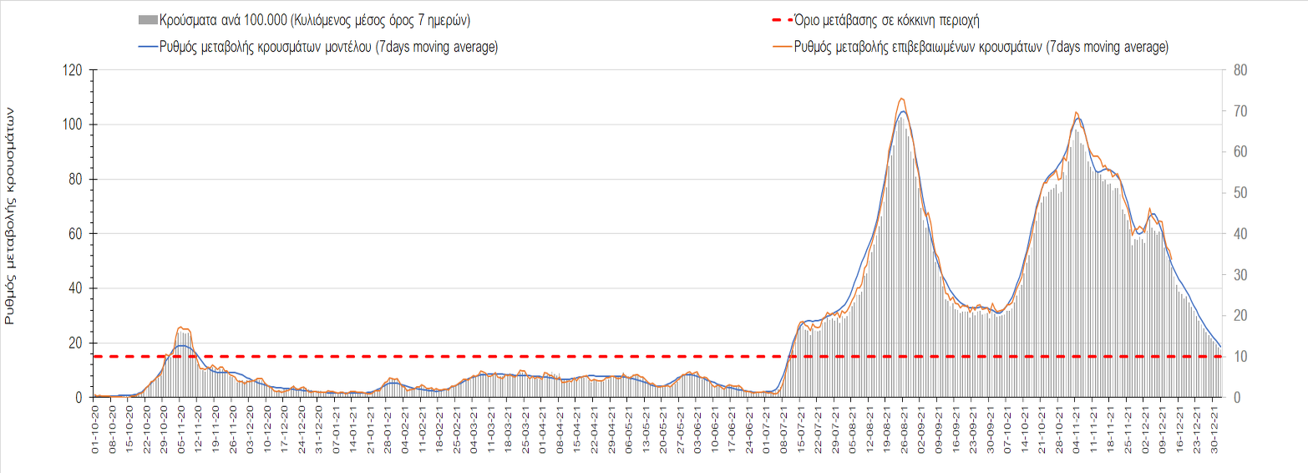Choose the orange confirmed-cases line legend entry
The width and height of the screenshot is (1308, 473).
coord(981,47)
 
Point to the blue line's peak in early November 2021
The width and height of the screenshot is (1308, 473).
coord(1077,119)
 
